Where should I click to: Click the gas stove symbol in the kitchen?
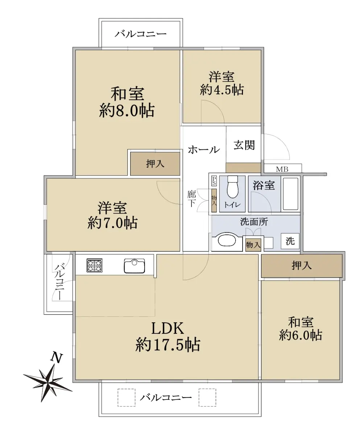coord(94,265)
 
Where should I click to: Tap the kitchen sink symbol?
coord(135,266)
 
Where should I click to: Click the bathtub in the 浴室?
coord(290,194)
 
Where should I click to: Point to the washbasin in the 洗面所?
coord(227,241)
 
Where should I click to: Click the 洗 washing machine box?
coord(290,241)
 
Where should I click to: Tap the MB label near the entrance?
coord(282,169)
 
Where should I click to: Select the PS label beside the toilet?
coord(214,181)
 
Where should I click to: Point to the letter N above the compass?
coord(57,357)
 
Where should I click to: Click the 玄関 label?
coord(244,145)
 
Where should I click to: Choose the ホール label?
coord(204,150)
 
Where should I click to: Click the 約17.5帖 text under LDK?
coord(168,345)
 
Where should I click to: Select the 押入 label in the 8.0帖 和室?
coord(155,163)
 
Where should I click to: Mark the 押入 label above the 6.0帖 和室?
coord(302,265)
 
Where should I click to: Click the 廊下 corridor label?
coord(191,199)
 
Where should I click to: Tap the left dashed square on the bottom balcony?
coord(127,398)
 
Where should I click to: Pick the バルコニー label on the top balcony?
coord(141,34)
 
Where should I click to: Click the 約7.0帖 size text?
coord(112,223)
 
